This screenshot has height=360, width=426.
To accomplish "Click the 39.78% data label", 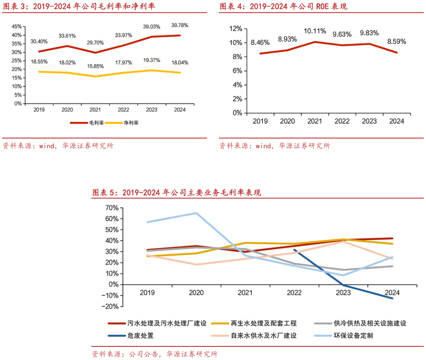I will click(x=180, y=26).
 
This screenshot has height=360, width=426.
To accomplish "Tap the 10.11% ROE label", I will click(x=315, y=31).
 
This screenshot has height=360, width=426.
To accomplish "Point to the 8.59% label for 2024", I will click(x=397, y=42).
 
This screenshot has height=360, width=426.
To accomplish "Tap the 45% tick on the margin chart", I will click(x=17, y=26).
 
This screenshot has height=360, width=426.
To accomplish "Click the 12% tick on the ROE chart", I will click(x=235, y=29).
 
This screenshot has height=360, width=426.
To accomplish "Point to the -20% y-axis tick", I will click(x=112, y=307).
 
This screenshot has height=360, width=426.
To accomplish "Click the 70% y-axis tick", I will click(x=112, y=207).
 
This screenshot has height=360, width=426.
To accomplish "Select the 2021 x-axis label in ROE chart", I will click(x=315, y=122).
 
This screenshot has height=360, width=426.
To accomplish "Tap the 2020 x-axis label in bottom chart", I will click(x=196, y=293).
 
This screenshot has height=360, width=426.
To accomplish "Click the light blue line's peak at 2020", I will click(x=196, y=213).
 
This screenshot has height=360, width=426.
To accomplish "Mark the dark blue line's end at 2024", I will click(x=392, y=298).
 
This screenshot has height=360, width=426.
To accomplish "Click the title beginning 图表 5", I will click(x=176, y=193).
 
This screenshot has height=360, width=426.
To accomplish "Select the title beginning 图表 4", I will click(x=283, y=6).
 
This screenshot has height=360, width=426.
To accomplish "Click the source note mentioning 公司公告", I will click(x=154, y=354).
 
